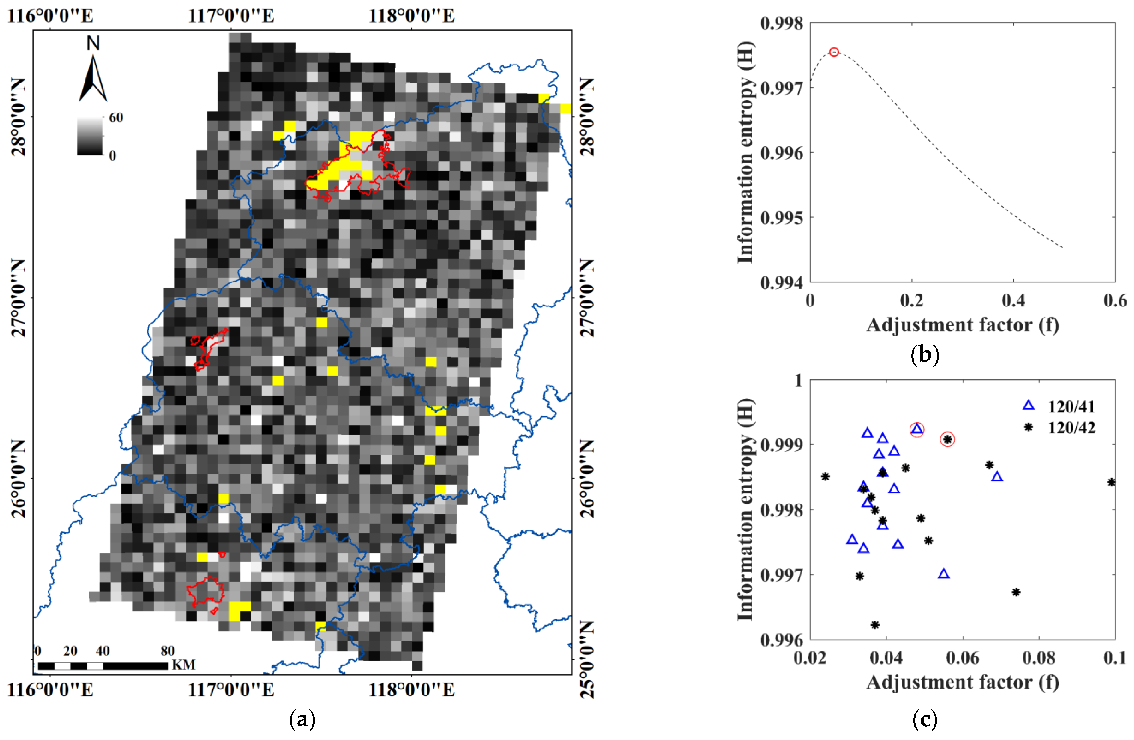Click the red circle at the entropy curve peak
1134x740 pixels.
point(833,52)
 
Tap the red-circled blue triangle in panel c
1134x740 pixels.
point(917,429)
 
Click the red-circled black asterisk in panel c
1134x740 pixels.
point(947,439)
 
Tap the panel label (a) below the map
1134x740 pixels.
point(302,719)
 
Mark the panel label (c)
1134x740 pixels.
point(924,719)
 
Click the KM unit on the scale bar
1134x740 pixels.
point(183,665)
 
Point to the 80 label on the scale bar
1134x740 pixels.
point(167,651)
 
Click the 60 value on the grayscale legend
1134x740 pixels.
point(116,117)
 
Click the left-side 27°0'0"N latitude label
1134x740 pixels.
point(18,298)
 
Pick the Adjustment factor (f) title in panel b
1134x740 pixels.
point(962,325)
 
